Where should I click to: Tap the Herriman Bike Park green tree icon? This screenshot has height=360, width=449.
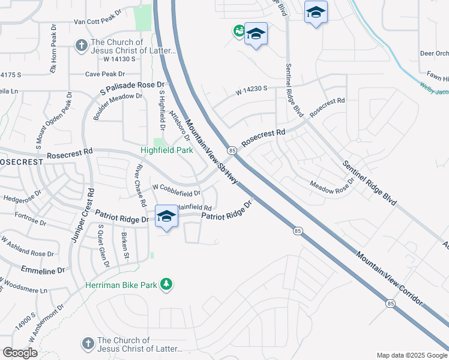(x=168, y=284)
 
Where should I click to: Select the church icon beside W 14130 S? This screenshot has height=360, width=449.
(x=81, y=46)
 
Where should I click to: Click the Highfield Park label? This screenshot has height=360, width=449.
(x=167, y=151)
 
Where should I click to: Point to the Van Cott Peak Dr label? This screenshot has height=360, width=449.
(x=97, y=22)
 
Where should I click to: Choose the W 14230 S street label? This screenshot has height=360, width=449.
(x=251, y=91)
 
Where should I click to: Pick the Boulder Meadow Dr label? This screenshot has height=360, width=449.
(x=117, y=107)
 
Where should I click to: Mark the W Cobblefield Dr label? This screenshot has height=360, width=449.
(x=176, y=193)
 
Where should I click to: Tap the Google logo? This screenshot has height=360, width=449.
(x=20, y=352)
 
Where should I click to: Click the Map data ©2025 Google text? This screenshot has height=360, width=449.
(x=411, y=355)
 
